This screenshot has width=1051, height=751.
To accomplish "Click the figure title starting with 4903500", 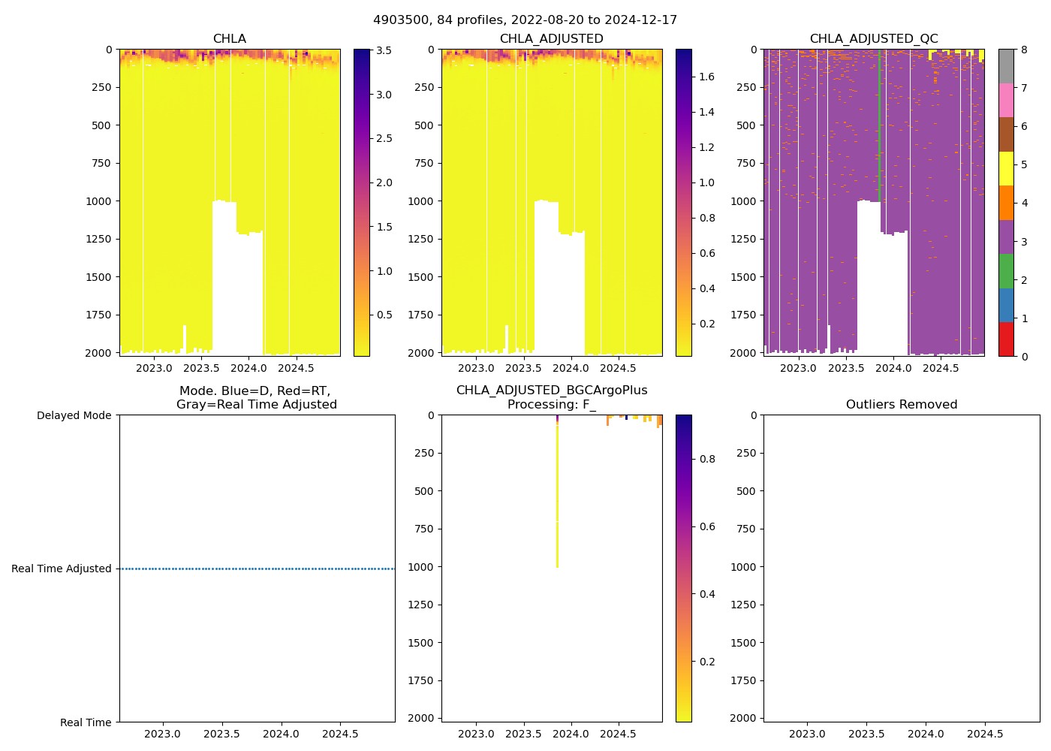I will [x=525, y=20].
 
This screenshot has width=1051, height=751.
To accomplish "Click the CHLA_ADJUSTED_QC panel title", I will [x=873, y=39].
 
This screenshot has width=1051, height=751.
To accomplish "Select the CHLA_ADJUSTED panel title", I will [x=551, y=39].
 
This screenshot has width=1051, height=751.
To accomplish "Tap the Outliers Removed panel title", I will [x=901, y=405].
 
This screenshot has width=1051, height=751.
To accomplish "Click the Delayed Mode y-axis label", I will [x=74, y=415].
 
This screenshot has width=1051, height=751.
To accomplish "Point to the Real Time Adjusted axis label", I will [x=62, y=569].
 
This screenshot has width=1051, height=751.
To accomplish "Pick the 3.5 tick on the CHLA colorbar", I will [x=384, y=51].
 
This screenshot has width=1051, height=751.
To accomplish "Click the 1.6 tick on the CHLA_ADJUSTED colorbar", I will [x=706, y=77].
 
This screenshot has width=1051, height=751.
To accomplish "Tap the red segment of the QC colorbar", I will [x=1006, y=339].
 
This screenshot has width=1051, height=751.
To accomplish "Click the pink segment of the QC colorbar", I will [x=1006, y=100].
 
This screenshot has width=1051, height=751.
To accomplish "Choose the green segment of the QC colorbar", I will [x=1006, y=271].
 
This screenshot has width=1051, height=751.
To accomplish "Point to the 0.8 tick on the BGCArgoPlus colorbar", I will [x=707, y=460].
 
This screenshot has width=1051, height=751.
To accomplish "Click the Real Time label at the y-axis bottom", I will [x=86, y=722].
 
